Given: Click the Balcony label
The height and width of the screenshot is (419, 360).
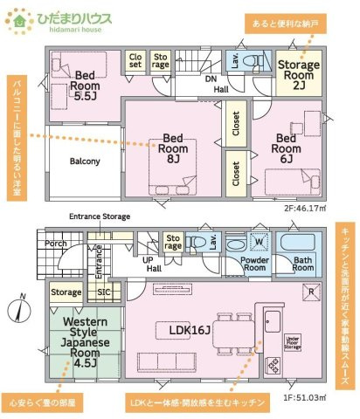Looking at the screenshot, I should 84,161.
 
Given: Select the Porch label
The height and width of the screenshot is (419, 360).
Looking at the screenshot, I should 57,244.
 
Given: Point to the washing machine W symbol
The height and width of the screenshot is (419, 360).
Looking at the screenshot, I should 258,242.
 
